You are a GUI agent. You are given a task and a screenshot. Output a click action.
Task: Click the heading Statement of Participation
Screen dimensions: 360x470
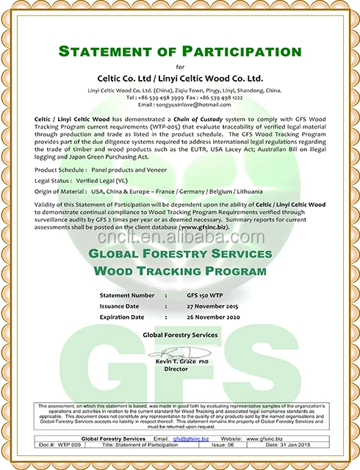pos(179,51)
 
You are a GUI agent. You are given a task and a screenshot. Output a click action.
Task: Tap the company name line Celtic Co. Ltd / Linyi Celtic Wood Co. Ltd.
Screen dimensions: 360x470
pos(179,78)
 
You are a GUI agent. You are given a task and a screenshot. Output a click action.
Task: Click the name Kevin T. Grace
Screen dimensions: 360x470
pos(176,362)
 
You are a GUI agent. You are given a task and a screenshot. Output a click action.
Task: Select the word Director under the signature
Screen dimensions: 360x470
pos(176,369)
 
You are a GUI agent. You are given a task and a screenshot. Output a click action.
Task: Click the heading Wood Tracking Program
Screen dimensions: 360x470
pos(179,271)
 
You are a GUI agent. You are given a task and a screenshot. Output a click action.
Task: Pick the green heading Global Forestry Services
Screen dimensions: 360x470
pos(179,254)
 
